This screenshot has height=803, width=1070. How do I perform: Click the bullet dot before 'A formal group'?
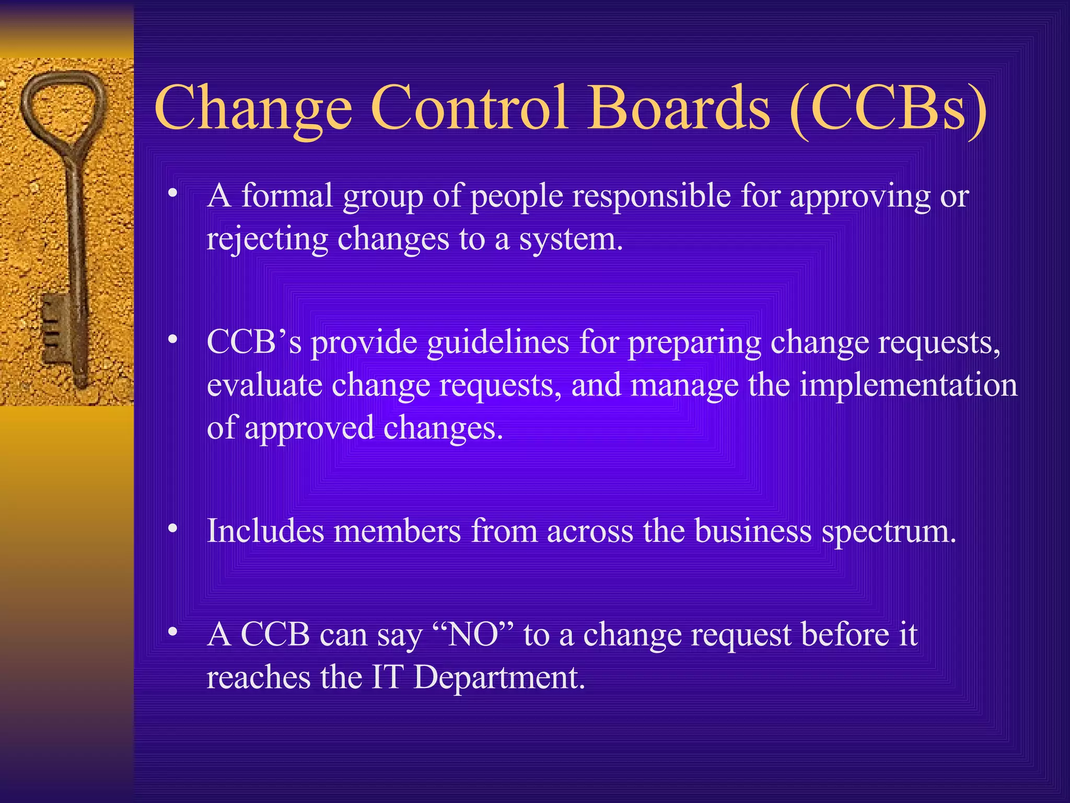pos(172,193)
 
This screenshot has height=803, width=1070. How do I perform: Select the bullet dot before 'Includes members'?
pos(172,529)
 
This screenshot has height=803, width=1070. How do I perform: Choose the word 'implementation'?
pos(909,385)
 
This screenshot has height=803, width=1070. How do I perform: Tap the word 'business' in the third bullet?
pos(753,531)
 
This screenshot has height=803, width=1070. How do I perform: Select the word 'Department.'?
pos(499,678)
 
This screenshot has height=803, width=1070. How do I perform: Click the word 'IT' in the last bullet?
pos(387,678)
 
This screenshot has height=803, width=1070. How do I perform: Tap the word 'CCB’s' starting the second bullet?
pos(254,343)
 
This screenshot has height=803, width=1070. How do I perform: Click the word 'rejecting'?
pos(267,240)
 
